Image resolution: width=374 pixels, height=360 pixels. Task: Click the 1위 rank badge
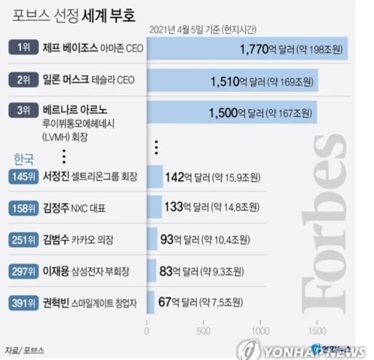[x=24, y=48]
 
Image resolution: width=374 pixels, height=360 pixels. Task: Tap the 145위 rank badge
[x=23, y=177]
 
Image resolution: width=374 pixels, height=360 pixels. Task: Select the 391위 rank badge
[x=23, y=302]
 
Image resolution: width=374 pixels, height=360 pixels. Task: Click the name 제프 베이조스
[x=72, y=48]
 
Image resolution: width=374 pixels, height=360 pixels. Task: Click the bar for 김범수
[x=152, y=239]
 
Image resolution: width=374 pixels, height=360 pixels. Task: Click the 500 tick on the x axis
[x=204, y=331]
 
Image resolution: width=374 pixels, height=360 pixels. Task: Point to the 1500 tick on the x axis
[x=317, y=331]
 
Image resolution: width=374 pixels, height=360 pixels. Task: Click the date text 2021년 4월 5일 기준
[x=184, y=29]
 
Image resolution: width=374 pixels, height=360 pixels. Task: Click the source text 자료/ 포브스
[x=24, y=348]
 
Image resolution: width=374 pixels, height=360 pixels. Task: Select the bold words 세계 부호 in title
[x=109, y=16]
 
